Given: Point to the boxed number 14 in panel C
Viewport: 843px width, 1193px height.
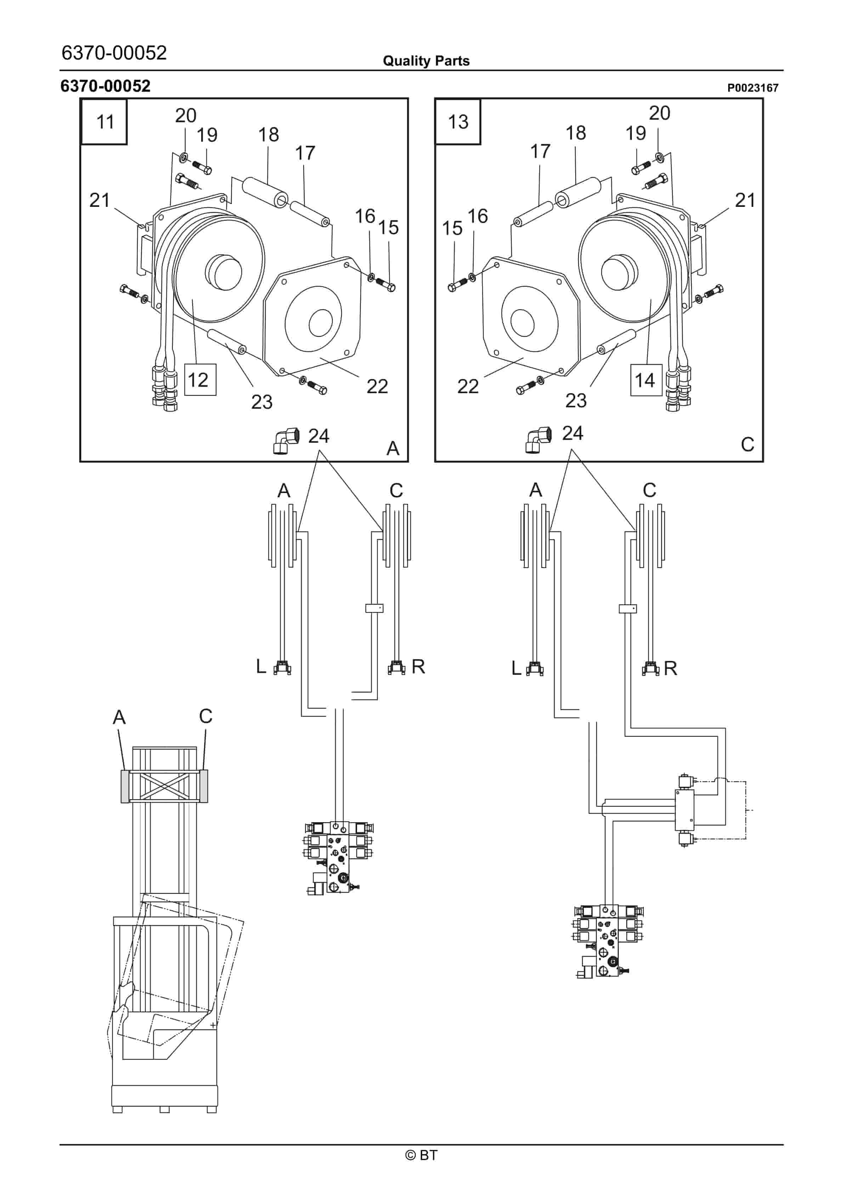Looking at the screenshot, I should click(646, 380).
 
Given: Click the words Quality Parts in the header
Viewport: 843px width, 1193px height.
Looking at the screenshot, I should click(426, 61).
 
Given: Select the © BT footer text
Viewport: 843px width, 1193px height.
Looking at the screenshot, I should click(421, 1155).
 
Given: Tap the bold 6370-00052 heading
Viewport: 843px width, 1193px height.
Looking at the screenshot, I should click(106, 86).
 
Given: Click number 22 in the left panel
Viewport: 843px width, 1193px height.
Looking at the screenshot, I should click(377, 386).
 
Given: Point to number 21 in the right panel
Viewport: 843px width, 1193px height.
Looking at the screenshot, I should click(745, 200).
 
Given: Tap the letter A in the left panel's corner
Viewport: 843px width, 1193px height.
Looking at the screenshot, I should click(393, 448).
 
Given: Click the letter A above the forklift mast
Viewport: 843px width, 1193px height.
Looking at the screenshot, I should click(119, 717).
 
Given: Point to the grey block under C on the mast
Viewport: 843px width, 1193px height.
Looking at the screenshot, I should click(203, 786).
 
